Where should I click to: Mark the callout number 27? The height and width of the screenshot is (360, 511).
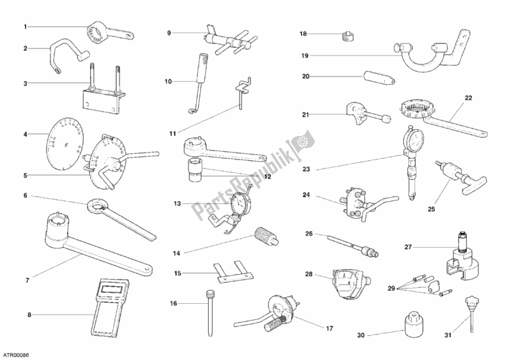tap(408, 246)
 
